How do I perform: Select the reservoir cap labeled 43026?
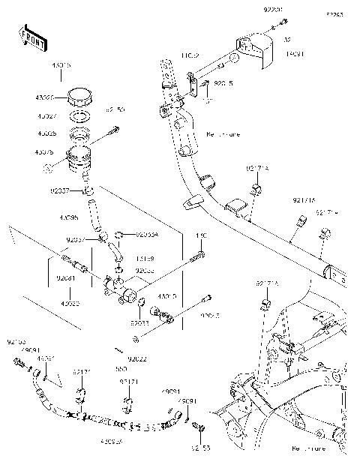coord(78,97)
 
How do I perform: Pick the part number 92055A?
coord(148,234)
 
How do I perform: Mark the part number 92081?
coord(65,277)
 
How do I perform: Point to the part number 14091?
coord(295,54)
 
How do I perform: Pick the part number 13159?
coord(145,259)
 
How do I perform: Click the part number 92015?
coord(224,85)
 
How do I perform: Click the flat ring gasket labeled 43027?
coord(79,117)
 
